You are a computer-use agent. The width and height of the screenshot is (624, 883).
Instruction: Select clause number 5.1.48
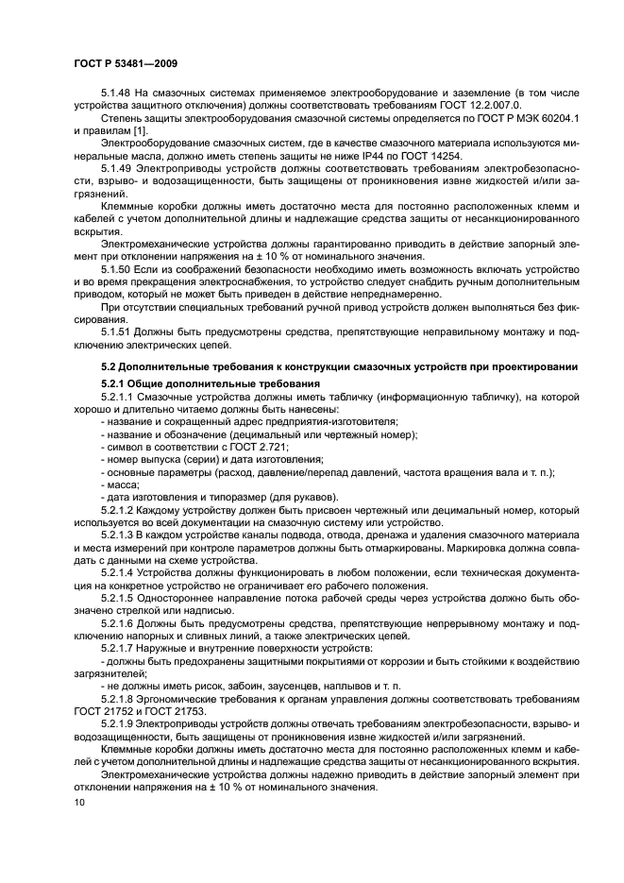(116, 95)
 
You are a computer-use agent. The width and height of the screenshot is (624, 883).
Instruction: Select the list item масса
(122, 484)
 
